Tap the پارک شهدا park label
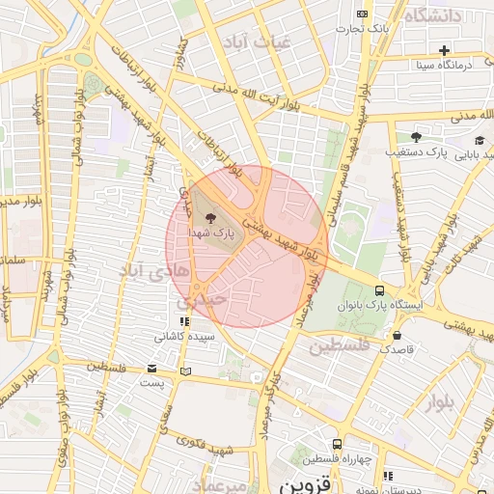coord(212,233)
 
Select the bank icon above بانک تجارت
coord(362,14)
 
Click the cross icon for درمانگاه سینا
coord(443,50)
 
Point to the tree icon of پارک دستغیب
coord(416,137)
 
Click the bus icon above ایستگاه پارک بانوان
coord(378,289)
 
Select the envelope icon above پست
coord(151,369)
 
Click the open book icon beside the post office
coord(185,370)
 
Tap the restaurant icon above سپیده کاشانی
coord(183,322)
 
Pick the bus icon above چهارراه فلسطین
coord(336,444)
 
